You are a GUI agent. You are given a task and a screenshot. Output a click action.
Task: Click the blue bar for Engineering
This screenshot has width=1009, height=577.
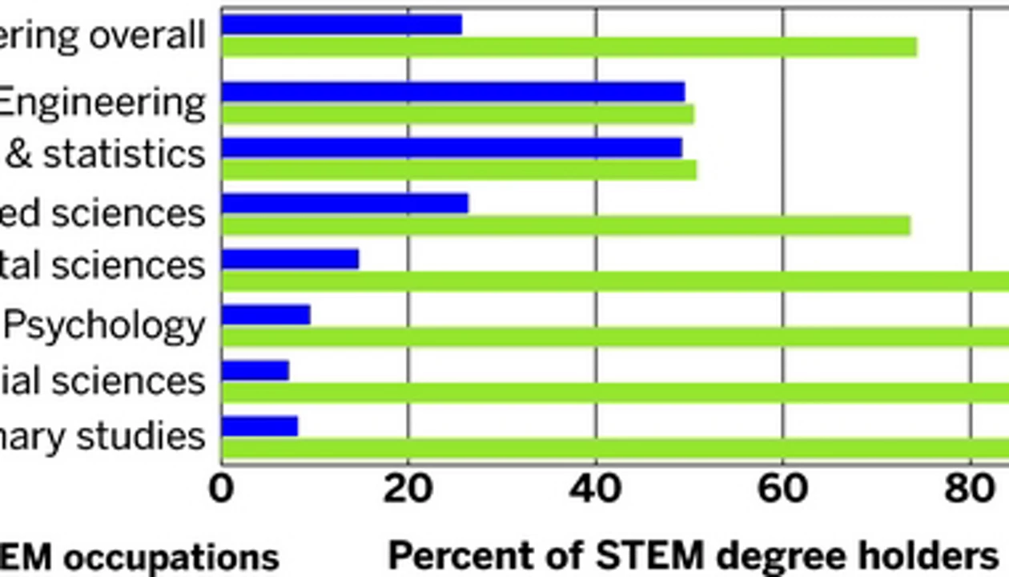coord(452,92)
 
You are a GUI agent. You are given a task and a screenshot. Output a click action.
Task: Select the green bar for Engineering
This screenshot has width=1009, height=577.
coord(457,115)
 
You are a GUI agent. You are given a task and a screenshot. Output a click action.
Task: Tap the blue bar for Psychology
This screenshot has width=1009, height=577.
coord(266,315)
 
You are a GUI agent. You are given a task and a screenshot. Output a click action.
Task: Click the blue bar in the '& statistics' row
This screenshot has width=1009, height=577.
coord(452,147)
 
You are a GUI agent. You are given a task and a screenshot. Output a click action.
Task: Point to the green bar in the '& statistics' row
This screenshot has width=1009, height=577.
coord(459,170)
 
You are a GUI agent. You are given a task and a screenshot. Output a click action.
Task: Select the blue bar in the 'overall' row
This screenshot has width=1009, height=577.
coord(342,25)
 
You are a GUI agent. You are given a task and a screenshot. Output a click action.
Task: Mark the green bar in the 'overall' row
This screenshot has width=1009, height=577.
coord(569,47)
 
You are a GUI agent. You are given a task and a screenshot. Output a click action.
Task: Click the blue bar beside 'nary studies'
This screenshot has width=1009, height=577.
coord(259,426)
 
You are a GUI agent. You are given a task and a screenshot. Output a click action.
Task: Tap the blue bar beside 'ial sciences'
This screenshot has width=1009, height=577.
coord(255,370)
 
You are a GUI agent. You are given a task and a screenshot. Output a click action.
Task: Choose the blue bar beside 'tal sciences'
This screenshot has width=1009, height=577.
coord(290,259)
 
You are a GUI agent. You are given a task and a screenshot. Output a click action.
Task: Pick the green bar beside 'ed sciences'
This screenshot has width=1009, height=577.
coord(565,226)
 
